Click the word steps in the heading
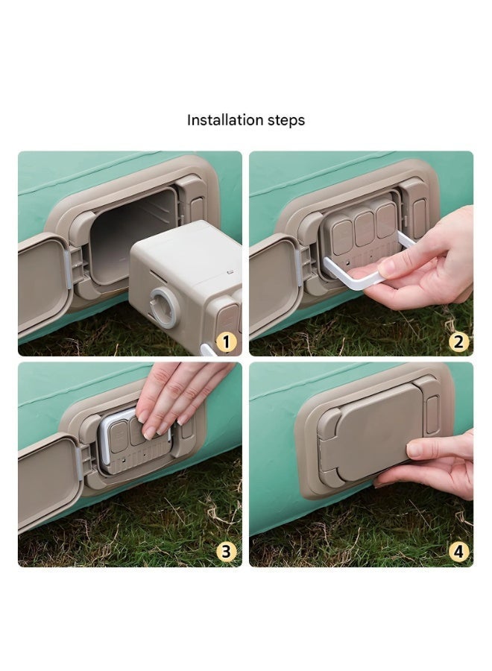[286, 121]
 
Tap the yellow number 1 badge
[227, 342]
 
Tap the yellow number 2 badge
[458, 342]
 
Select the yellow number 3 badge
[227, 552]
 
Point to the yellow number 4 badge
[458, 552]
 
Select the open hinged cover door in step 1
[42, 284]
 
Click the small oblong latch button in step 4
[432, 415]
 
